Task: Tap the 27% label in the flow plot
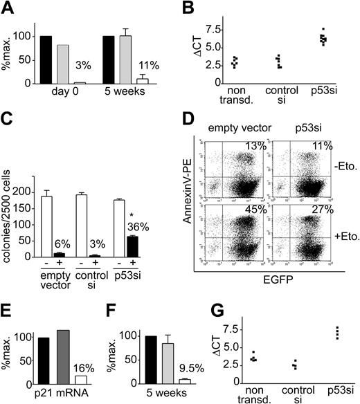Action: [319, 212]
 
